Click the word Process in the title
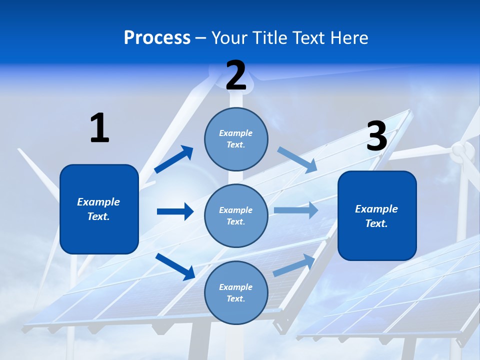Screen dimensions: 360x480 pos(157,38)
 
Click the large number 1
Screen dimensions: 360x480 pos(99,128)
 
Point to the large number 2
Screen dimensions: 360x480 pos(236,76)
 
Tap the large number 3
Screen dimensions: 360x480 pos(377,136)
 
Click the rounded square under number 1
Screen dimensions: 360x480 pos(99,209)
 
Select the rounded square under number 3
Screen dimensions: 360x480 pos(377,215)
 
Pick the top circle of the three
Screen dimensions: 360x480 pos(236,139)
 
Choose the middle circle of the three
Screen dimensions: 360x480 pos(236,215)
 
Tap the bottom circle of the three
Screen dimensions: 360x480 pos(236,292)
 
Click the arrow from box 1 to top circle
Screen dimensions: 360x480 pos(174,159)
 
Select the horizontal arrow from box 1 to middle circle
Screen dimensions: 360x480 pos(175,211)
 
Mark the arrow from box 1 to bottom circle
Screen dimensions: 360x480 pos(175,266)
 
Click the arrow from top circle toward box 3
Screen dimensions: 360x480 pos(297,159)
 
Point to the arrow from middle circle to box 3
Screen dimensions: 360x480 pos(296,210)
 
